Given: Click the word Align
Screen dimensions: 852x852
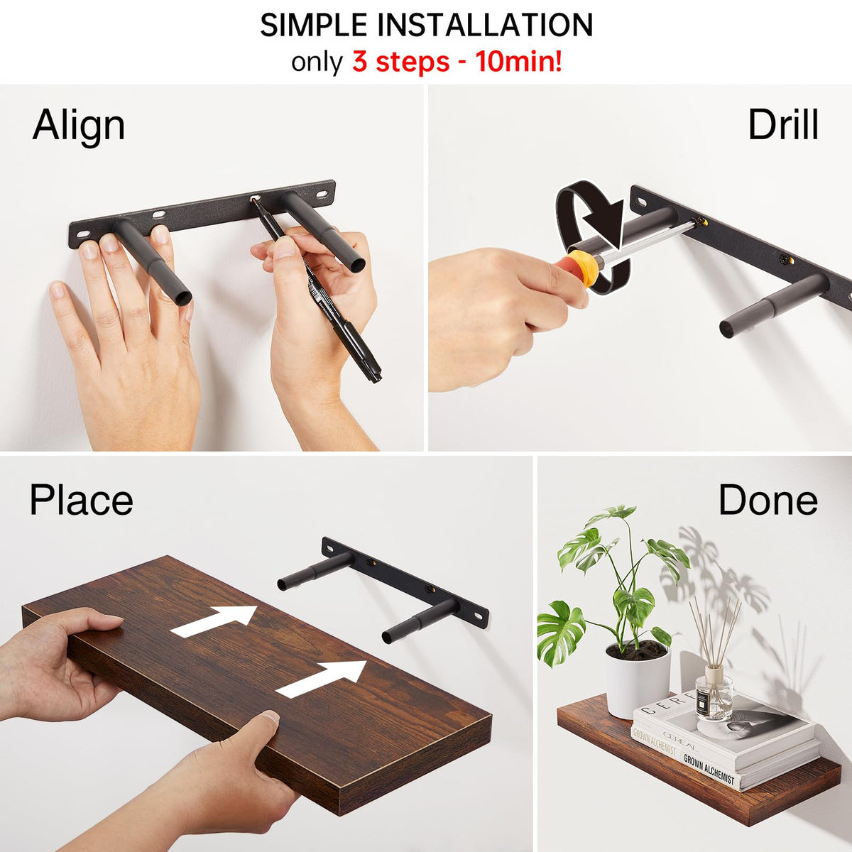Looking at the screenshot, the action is pos(79,126).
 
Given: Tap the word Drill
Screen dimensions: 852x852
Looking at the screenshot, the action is pos(783,125).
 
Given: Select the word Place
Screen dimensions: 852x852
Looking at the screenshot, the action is pos(82,501).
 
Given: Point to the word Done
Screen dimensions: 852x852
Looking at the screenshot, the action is pos(768,500).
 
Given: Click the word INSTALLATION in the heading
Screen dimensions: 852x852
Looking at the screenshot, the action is pos(485,25).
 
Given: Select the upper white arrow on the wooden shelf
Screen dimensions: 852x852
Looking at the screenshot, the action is pos(214,621).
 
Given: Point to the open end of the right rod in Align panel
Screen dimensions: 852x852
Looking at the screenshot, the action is pos(358,264).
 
